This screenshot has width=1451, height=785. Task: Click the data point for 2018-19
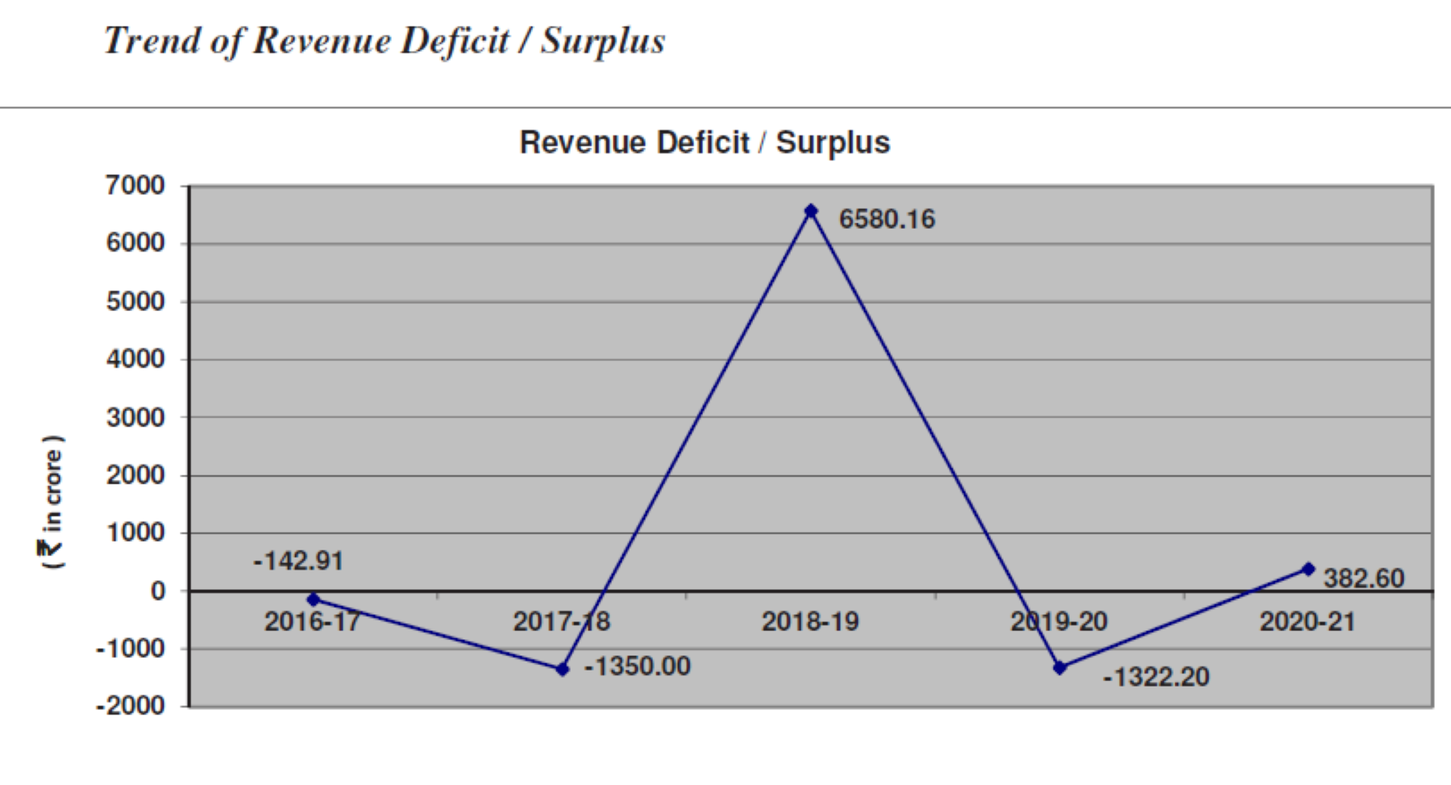point(811,211)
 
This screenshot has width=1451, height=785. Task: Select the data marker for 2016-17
point(314,600)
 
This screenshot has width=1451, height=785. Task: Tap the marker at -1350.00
point(563,669)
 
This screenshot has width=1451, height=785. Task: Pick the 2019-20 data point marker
point(1060,667)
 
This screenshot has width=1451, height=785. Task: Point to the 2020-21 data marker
point(1308,569)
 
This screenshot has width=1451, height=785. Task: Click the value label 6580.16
point(887,219)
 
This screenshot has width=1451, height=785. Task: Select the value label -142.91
point(298,561)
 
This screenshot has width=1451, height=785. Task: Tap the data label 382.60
point(1364,578)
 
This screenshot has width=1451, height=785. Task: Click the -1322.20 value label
point(1156,677)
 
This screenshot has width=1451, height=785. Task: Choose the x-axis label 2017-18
point(562,621)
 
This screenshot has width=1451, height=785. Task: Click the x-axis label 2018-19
point(811,621)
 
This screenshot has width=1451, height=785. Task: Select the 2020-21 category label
point(1308,621)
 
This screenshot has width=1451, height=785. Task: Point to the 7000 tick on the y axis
point(135,185)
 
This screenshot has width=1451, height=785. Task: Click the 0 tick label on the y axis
point(157,591)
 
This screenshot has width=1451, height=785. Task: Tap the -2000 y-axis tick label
point(131,706)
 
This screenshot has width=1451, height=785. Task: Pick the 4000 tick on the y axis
point(135,359)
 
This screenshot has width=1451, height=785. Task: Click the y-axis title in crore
point(52,502)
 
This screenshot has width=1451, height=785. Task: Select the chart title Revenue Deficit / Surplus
point(705,143)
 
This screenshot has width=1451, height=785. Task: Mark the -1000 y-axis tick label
point(131,648)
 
